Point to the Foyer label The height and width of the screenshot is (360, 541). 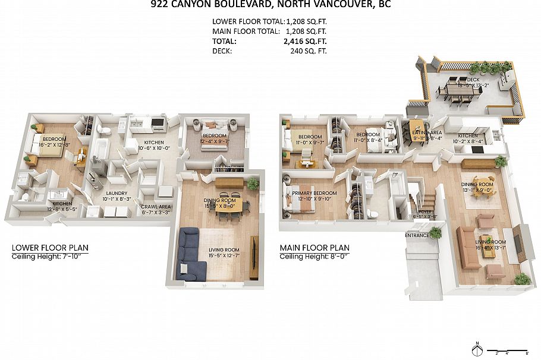coord(425,211)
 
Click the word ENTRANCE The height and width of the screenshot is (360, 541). coord(417,236)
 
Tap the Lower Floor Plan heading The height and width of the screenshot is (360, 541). coord(41,248)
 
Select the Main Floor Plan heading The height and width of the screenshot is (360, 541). coord(314,248)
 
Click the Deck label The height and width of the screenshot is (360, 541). coord(473,80)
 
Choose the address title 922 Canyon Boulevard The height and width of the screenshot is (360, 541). coord(270,5)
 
